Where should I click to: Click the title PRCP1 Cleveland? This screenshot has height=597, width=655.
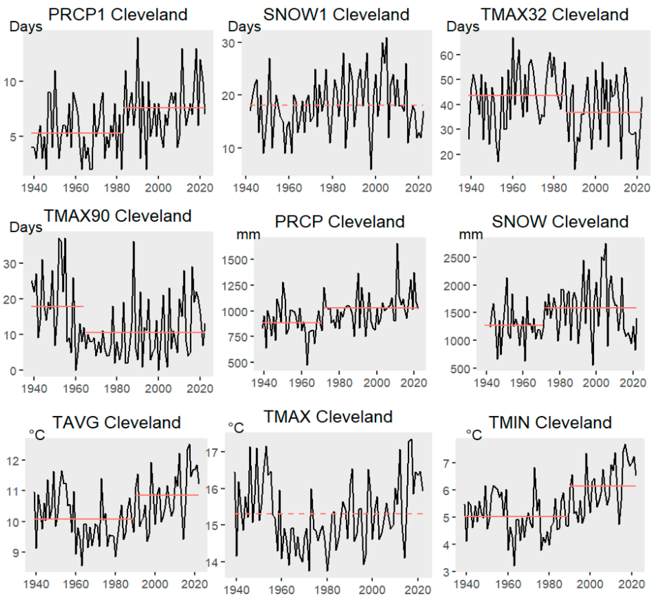pos(118,15)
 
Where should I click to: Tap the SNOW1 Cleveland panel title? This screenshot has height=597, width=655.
pos(336,15)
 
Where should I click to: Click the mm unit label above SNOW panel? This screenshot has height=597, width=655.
pos(471,234)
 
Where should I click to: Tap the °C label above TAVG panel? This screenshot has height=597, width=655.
pos(37,435)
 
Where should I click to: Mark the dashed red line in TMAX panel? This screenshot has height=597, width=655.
pos(328,514)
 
